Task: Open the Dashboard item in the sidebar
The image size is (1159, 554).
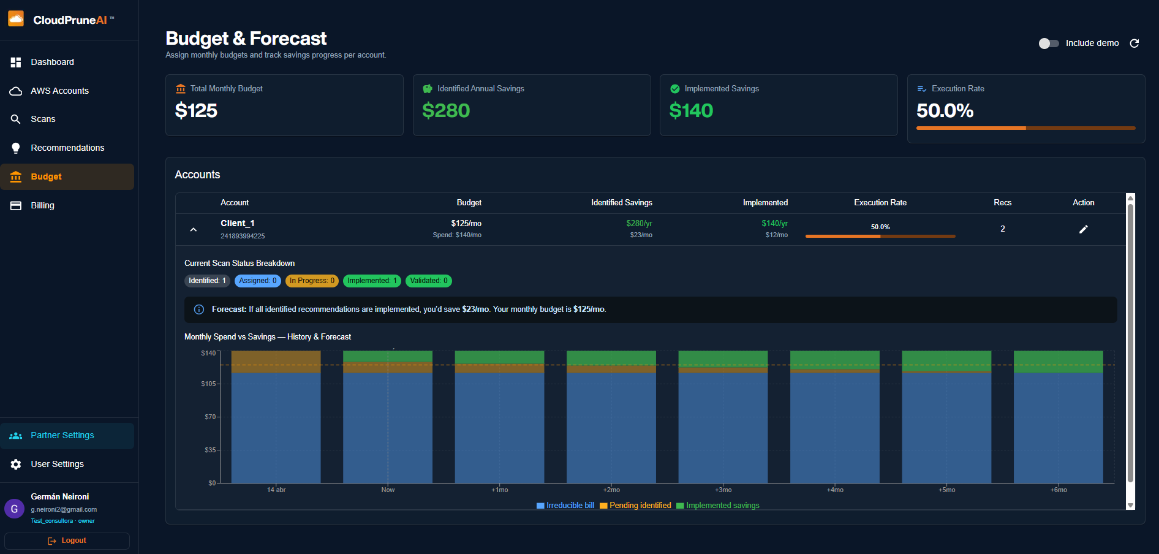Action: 52,62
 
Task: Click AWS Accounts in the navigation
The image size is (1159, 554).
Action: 59,91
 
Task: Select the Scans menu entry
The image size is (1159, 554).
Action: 43,119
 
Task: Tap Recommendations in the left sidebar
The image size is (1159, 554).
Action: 67,148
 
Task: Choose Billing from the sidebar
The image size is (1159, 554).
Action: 42,205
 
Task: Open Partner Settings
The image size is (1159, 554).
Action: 62,435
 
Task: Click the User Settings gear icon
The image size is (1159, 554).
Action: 16,465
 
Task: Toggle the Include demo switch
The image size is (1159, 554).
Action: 1049,44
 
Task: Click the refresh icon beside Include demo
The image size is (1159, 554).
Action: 1134,44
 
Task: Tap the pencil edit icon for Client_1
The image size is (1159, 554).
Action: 1083,229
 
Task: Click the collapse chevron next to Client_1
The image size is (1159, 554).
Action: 194,229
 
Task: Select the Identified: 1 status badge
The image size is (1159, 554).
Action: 207,281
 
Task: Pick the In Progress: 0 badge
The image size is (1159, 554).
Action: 312,281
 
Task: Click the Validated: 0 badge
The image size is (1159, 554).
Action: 429,281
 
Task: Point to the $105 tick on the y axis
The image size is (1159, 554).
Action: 208,384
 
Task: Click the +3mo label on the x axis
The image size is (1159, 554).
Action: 723,490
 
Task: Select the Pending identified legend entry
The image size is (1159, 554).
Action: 635,506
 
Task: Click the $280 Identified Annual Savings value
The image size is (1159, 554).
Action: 446,110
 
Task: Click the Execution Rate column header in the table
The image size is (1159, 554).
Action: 880,202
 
